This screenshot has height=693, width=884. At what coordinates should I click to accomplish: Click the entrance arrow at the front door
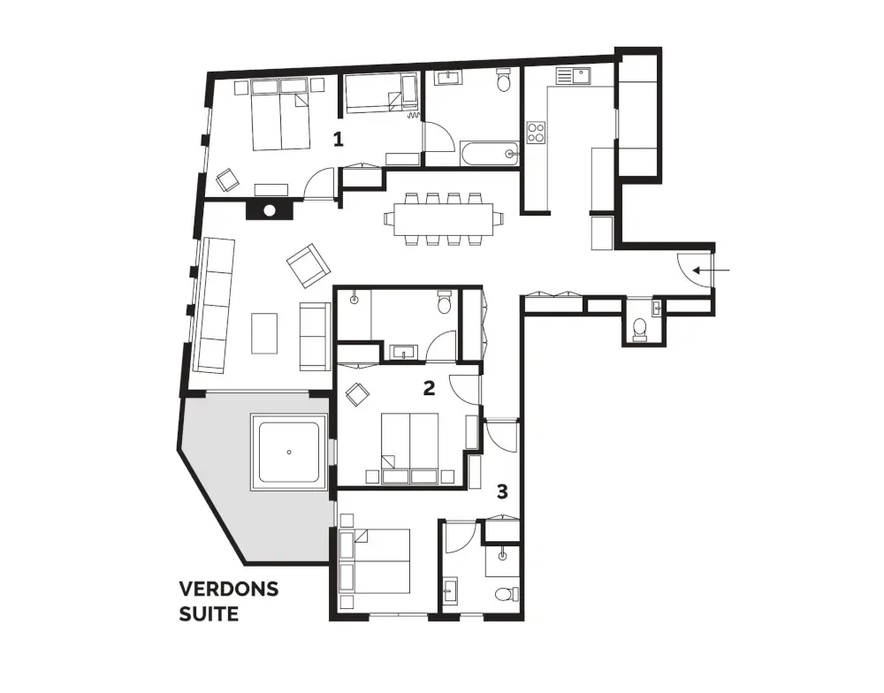coord(711,270)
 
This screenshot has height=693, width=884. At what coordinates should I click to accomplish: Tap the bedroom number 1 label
coord(338,139)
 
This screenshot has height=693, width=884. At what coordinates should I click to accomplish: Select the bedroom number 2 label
coord(429,388)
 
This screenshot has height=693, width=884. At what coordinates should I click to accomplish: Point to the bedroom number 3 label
coord(502,491)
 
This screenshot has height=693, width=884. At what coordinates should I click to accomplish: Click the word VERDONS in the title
coord(229,589)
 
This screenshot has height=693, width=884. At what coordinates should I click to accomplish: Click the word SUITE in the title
coord(209,613)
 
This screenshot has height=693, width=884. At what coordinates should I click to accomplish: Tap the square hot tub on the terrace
coord(289,453)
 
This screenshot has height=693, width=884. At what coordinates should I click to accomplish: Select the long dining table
coord(444,219)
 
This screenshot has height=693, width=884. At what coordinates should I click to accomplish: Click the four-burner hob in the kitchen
coord(537,133)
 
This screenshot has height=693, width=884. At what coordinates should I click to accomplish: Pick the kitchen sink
coord(573,75)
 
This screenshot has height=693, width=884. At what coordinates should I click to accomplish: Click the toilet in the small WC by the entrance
coord(639,330)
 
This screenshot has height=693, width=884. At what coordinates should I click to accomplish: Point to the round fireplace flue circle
coord(270,211)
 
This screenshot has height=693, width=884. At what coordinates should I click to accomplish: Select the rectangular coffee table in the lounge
coord(264,333)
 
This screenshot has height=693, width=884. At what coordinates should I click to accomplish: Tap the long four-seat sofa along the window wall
coord(213,304)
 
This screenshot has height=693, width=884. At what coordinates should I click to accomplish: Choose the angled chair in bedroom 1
coord(228,180)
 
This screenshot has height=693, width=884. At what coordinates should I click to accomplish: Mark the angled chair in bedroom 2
coord(357,393)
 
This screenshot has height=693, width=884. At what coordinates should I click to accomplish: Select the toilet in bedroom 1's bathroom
coord(504,80)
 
